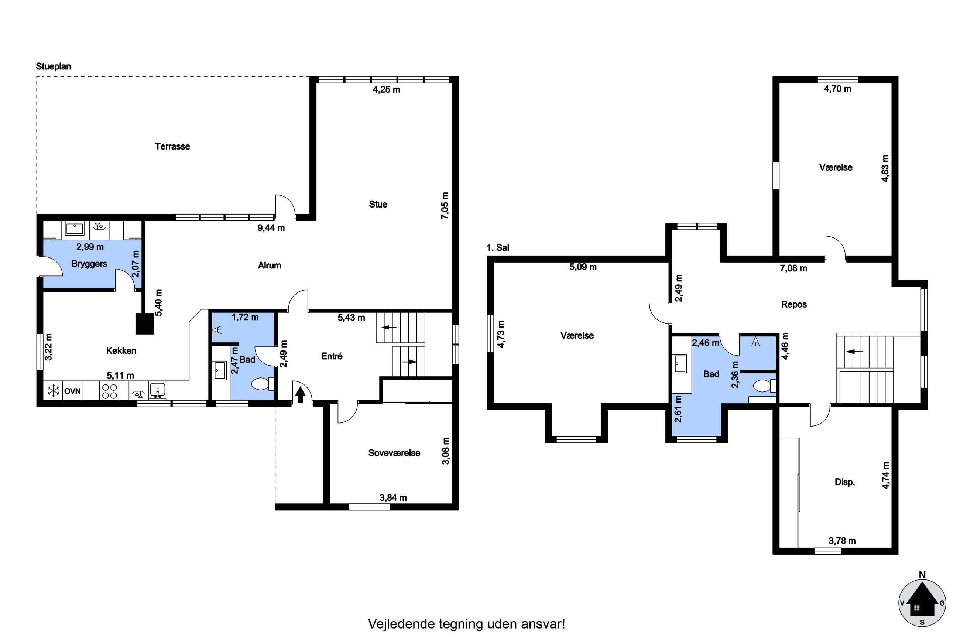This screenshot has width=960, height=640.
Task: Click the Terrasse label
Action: [x=172, y=146]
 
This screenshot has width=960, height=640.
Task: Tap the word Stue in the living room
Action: [x=378, y=204]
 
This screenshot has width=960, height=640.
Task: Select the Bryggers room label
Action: [x=89, y=264]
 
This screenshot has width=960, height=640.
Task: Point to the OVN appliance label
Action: [x=73, y=391]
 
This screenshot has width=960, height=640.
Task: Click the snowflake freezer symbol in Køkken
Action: [x=53, y=391]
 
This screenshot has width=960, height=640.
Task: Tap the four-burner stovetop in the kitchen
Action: [x=109, y=391]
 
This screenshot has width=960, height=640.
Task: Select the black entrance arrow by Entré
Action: [x=300, y=395]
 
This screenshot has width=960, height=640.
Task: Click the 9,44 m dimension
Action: [x=271, y=228]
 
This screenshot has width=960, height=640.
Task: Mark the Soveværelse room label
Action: [x=394, y=453]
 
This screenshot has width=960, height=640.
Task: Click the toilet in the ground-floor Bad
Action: [x=263, y=384]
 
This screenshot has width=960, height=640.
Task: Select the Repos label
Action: [x=793, y=304]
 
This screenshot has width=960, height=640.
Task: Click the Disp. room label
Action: [x=844, y=482]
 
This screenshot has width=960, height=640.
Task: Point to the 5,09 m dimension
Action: [x=583, y=267]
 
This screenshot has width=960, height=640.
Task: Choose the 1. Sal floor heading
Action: [x=498, y=247]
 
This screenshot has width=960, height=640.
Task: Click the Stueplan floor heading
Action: [x=54, y=66]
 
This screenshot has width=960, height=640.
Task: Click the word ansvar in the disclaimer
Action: [x=541, y=624]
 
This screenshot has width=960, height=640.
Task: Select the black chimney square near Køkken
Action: [x=144, y=324]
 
